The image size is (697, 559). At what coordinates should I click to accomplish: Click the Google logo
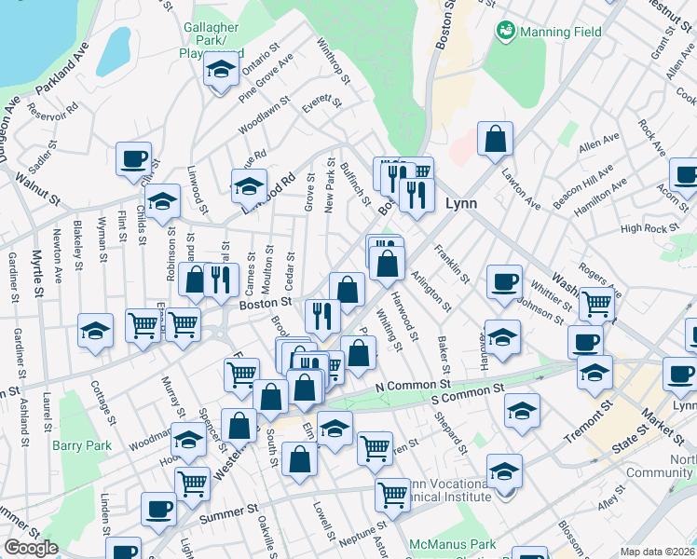pos(31,548)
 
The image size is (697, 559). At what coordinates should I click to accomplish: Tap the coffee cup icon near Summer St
pos(158,509)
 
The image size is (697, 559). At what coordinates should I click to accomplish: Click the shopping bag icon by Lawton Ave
pos(496,139)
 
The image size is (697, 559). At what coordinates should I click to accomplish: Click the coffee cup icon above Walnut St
pos(133,157)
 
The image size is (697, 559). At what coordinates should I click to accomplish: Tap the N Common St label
pos(413,384)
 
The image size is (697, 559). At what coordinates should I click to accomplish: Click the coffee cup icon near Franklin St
pos(504,280)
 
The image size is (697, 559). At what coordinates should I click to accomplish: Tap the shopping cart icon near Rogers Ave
pos(595,303)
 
